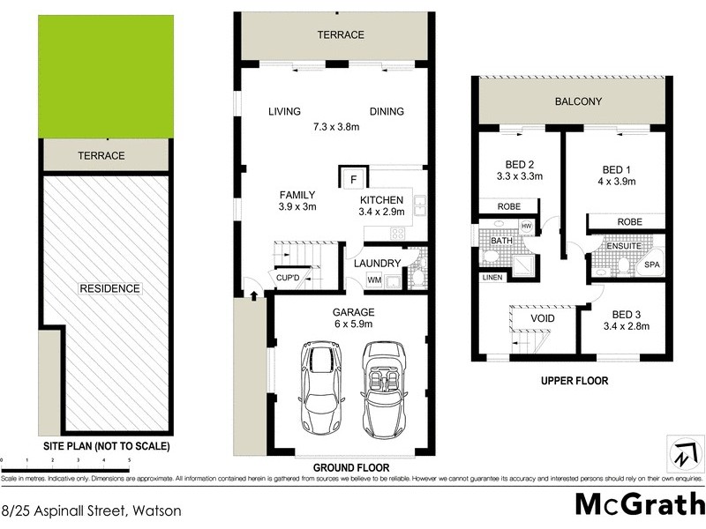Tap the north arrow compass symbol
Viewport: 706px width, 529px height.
pos(684,454)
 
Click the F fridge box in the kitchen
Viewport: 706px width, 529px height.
pos(353,179)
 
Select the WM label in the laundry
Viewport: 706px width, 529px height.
pos(374,279)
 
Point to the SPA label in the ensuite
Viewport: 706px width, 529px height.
pos(653,264)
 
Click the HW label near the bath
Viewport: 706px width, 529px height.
pos(527,227)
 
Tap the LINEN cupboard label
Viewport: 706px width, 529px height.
pos(491,277)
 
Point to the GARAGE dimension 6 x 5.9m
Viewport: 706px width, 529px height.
pos(353,324)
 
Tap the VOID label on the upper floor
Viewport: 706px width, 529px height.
pos(542,318)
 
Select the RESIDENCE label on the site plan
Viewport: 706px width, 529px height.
pos(109,288)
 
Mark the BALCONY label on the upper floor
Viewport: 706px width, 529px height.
pos(578,101)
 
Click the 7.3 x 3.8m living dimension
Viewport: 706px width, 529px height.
pos(336,126)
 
